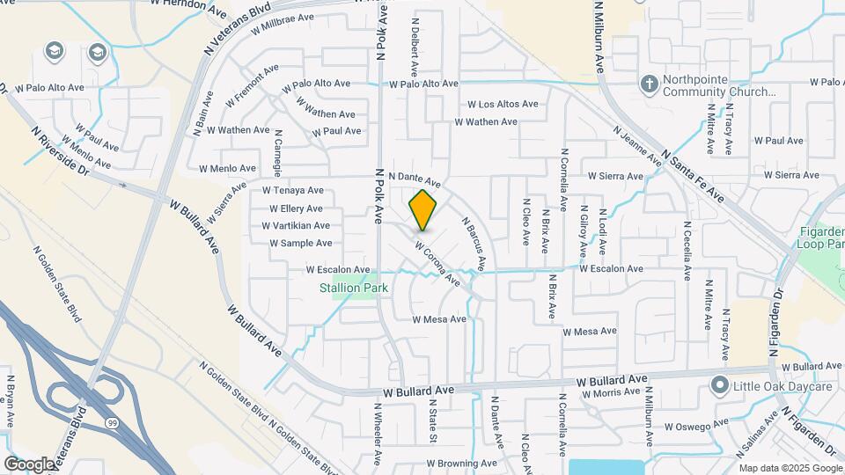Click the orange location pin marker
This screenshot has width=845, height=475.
coord(423,210)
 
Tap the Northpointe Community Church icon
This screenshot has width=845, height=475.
coord(649,84)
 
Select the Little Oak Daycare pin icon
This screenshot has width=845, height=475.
coord(720,385)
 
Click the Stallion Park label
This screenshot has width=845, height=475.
coord(353,287)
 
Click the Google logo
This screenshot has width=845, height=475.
coord(29,464)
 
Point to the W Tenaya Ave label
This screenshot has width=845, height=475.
coord(292,190)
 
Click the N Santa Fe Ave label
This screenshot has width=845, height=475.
coord(694,175)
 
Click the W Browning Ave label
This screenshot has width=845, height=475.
coord(460,464)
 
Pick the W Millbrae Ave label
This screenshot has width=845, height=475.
coord(282,23)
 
